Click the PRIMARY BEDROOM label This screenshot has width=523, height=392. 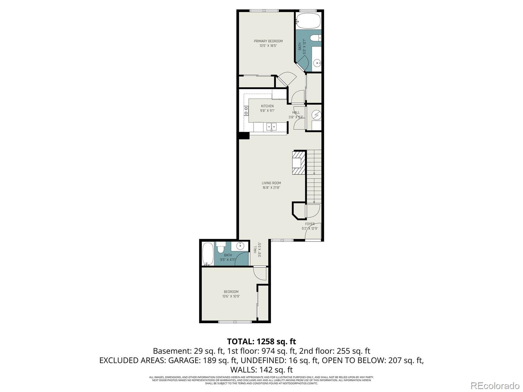click(x=268, y=41)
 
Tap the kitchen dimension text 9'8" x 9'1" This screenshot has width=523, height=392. click(x=267, y=111)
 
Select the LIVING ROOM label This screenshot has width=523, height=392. click(x=271, y=183)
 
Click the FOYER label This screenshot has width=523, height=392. click(x=310, y=224)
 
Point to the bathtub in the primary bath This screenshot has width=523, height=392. click(x=309, y=20)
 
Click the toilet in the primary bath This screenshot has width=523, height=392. click(x=315, y=38)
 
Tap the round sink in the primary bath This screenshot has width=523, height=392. click(x=317, y=63)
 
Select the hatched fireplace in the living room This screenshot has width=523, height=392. click(x=299, y=163)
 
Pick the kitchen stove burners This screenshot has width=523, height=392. click(x=246, y=111)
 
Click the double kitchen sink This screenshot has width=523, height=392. click(x=271, y=126)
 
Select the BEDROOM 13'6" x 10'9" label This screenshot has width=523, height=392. click(x=231, y=294)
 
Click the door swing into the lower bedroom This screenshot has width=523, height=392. click(x=260, y=273)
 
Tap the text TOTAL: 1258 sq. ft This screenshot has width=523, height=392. click(x=261, y=342)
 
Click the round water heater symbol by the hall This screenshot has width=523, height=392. click(x=316, y=115)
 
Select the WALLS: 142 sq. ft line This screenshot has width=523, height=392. click(x=261, y=370)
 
